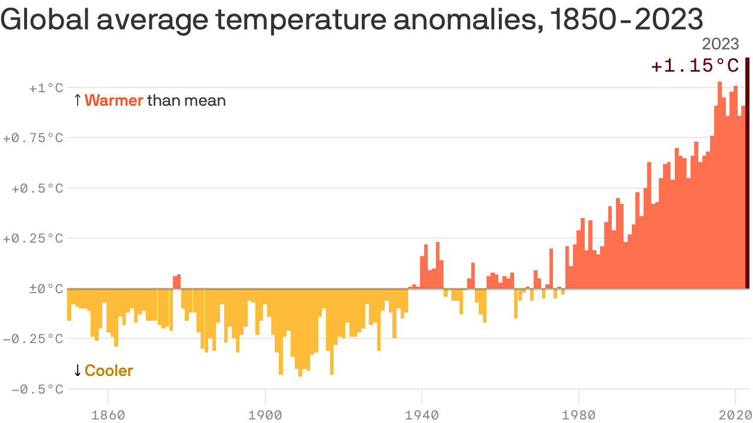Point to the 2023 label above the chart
click(x=721, y=45)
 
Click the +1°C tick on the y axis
click(x=45, y=88)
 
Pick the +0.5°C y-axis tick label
click(x=37, y=189)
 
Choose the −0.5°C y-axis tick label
click(x=37, y=390)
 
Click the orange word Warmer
click(x=114, y=100)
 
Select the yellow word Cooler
click(x=109, y=371)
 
